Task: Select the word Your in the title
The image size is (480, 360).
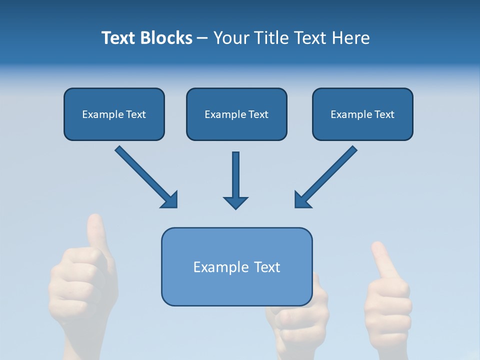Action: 230,38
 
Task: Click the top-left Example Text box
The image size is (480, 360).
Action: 114,114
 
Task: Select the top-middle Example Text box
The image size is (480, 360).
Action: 236,114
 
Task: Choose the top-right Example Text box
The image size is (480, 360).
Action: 362,114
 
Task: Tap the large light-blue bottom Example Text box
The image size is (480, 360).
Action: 236,266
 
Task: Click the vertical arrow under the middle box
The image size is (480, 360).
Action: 235,175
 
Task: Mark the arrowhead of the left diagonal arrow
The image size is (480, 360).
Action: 170,199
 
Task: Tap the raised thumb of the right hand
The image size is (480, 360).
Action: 382,260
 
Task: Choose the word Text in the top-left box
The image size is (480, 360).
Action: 136,114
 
